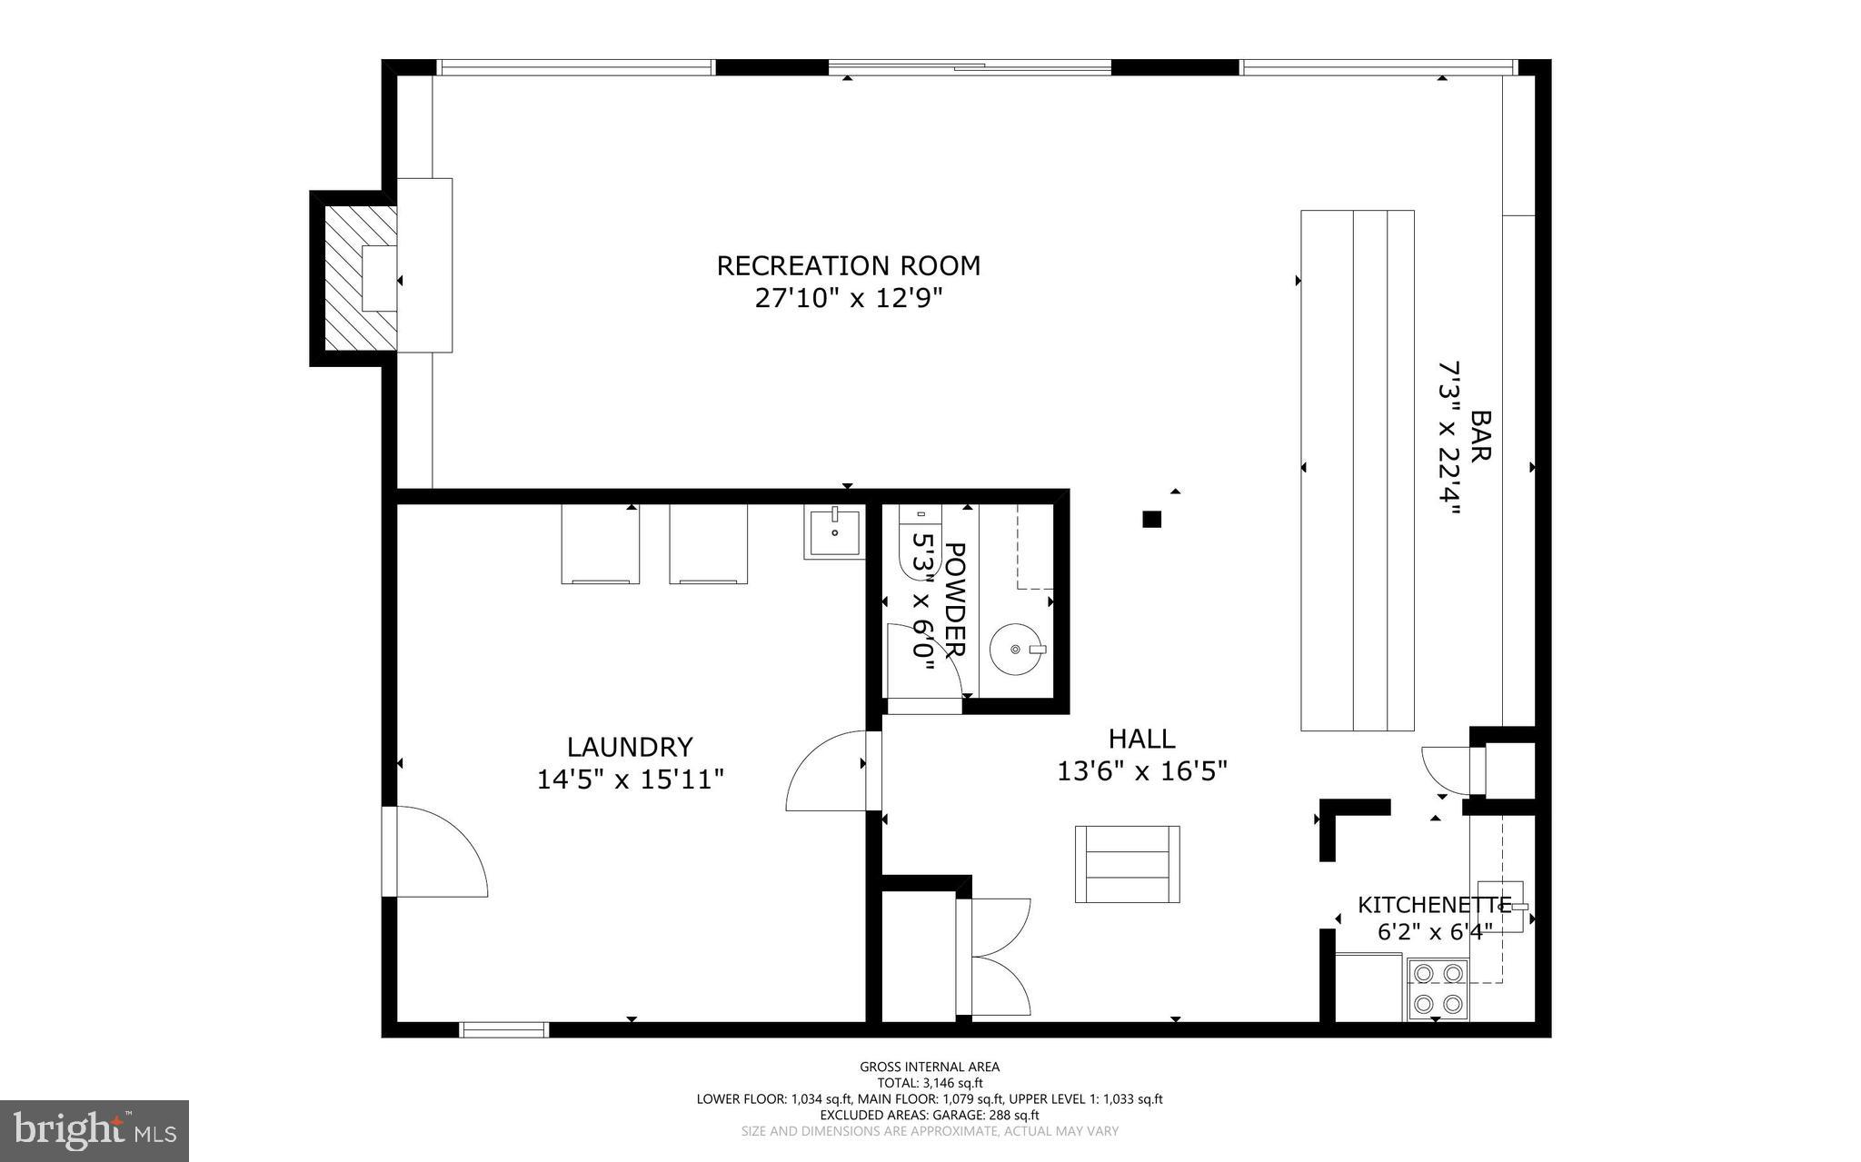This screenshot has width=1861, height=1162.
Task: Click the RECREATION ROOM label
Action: [x=848, y=265]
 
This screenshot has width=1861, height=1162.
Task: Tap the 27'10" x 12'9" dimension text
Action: [x=848, y=298]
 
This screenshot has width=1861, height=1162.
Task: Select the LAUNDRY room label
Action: [x=630, y=747]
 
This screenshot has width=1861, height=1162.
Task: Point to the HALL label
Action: [x=1141, y=738]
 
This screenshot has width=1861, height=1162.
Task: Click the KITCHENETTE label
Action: [x=1433, y=904]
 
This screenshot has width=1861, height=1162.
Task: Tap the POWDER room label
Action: [x=954, y=600]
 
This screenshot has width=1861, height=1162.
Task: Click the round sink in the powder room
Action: [x=1015, y=649]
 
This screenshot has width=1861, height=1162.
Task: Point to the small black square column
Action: [x=1151, y=520]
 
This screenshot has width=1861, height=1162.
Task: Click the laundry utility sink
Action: [x=832, y=533]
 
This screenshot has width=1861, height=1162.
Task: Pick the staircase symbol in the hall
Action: [x=1127, y=864]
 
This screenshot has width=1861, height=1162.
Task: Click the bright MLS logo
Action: [x=95, y=1130]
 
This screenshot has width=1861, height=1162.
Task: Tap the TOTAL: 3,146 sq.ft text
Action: [x=930, y=1083]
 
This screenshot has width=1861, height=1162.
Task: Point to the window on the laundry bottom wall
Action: [x=504, y=1029]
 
